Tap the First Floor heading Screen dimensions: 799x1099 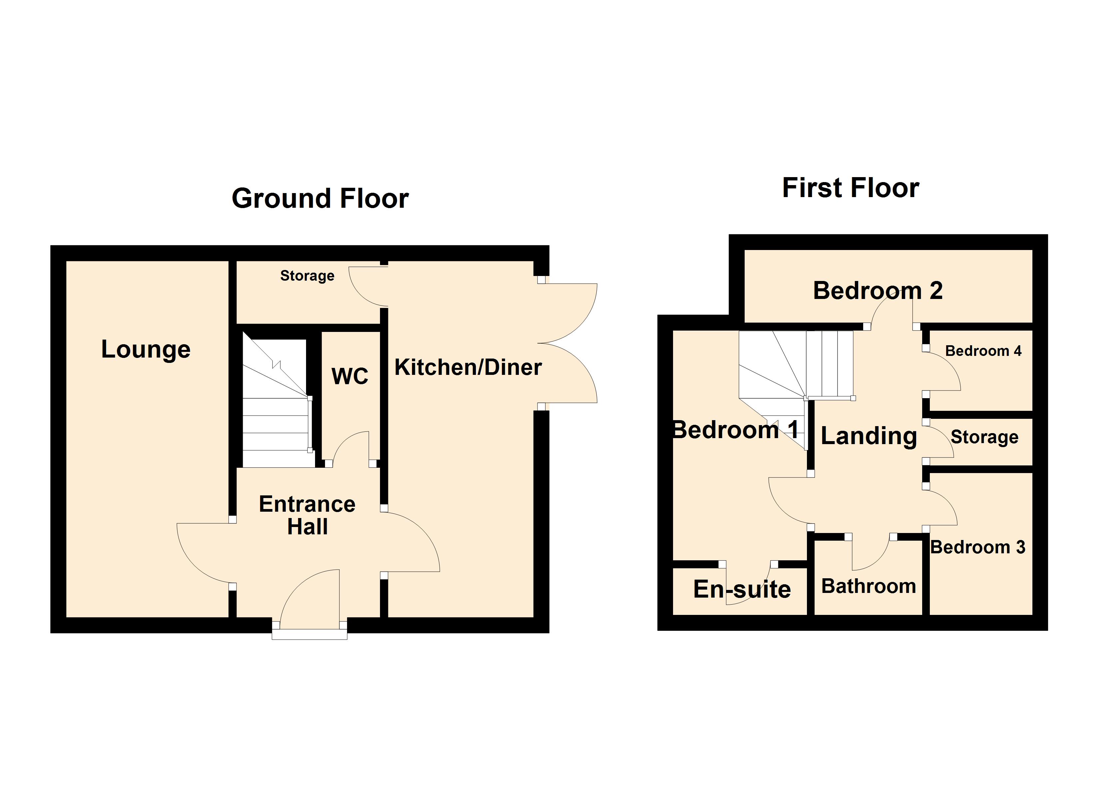pyautogui.click(x=851, y=188)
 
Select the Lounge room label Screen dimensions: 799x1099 pyautogui.click(x=146, y=349)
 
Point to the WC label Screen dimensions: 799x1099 pyautogui.click(x=350, y=376)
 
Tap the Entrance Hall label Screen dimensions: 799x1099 pyautogui.click(x=307, y=515)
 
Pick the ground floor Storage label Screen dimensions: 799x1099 pyautogui.click(x=307, y=276)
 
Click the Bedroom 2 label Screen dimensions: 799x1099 pyautogui.click(x=878, y=291)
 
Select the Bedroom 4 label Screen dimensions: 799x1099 pyautogui.click(x=983, y=351)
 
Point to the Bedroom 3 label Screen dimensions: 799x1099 pyautogui.click(x=977, y=547)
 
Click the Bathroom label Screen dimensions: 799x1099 pyautogui.click(x=868, y=586)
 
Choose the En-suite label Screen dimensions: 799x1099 pyautogui.click(x=742, y=590)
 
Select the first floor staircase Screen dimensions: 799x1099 pyautogui.click(x=795, y=368)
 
